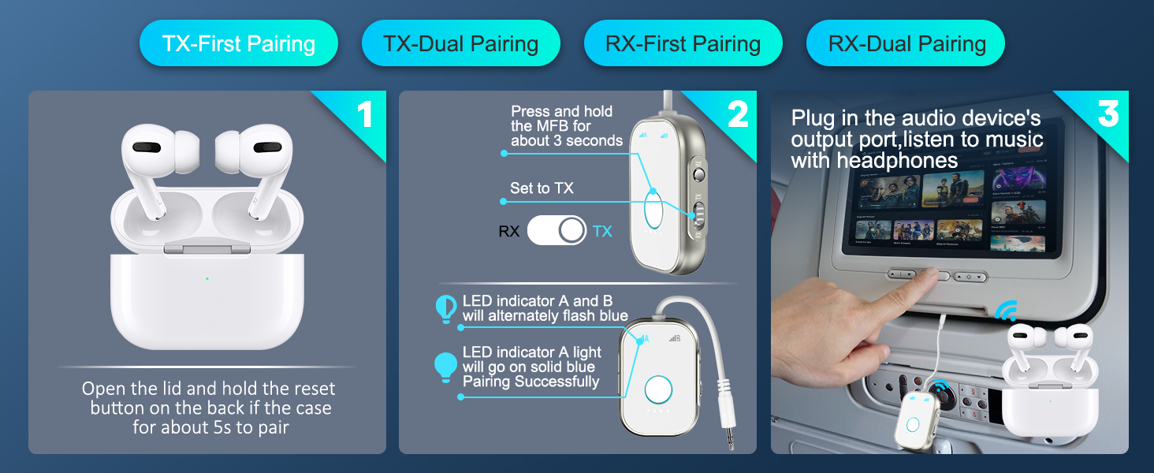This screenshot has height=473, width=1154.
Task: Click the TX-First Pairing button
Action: point(239,43)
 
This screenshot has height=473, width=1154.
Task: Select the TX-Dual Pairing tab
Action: point(460,43)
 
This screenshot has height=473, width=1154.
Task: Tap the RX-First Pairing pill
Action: point(683,43)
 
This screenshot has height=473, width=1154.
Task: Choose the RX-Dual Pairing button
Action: point(906,43)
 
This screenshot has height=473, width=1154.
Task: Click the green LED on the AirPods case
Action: point(207,278)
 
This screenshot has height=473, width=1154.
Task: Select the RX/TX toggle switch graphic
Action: point(557,231)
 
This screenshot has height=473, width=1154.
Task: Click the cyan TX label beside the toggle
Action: point(602,232)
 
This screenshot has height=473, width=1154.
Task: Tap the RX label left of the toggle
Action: point(509,232)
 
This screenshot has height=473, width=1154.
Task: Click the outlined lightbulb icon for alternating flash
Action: point(446,308)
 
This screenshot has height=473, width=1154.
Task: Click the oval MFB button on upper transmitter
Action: point(653,210)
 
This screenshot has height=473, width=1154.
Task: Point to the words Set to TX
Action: point(542,188)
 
